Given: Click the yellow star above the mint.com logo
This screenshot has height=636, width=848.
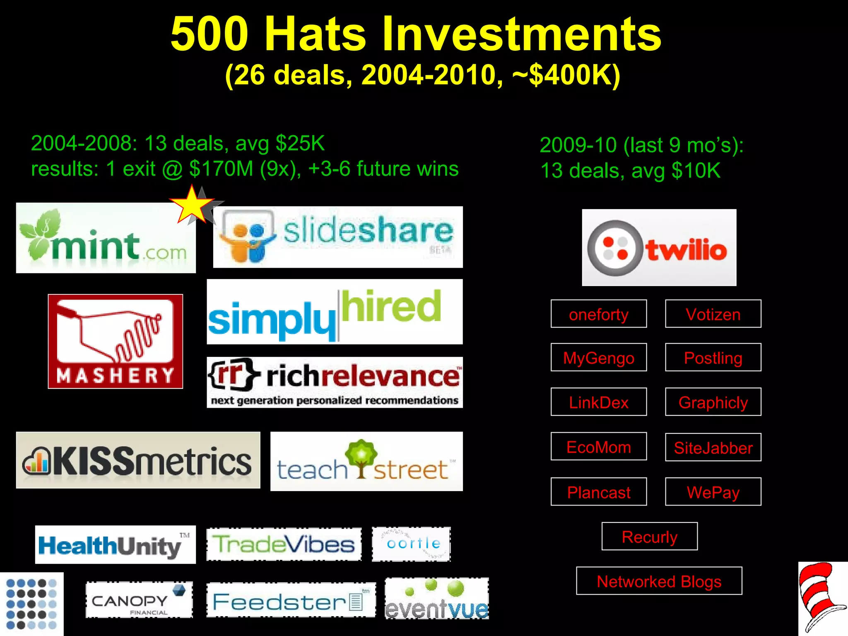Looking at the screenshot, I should [192, 205].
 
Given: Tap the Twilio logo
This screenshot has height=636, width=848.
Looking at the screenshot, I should [659, 248].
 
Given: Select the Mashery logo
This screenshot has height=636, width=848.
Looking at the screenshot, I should [115, 341].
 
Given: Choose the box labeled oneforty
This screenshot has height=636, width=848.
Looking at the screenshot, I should [598, 314].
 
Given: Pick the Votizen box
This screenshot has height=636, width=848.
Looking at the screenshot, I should [713, 314].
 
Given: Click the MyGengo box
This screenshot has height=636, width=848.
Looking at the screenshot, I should [598, 357].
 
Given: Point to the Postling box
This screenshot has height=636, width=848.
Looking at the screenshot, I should [713, 357].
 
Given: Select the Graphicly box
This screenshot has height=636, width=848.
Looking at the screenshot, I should [713, 402].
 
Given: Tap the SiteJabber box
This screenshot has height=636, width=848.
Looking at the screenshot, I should [713, 447].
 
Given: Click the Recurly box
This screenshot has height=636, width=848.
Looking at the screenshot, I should [649, 536].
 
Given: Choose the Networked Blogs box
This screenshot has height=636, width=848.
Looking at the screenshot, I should [659, 581].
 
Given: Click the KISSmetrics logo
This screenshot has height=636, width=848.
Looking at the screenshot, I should [138, 460].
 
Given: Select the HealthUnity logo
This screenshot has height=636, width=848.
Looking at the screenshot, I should [115, 544].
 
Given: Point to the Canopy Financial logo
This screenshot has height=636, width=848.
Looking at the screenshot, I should [139, 600].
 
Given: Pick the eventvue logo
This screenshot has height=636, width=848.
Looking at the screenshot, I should [436, 599].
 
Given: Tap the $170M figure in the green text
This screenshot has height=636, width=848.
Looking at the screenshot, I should [221, 169].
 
